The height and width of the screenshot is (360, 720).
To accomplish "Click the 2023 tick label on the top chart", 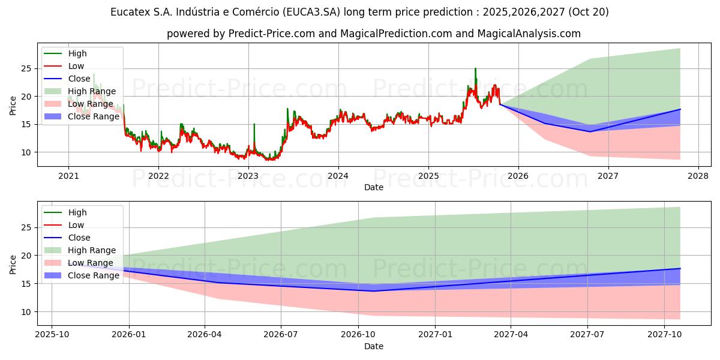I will [248, 176].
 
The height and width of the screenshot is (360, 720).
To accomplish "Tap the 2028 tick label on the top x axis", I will [698, 176].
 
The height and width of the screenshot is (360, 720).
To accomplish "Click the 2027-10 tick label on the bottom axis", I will [664, 335].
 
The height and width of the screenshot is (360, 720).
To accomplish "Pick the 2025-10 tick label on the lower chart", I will [52, 335].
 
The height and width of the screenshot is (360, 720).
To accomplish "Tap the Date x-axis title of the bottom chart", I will [373, 346].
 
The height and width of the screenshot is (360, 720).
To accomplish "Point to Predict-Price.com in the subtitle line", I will [272, 34].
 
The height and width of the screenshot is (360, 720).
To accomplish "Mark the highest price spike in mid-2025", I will [475, 69].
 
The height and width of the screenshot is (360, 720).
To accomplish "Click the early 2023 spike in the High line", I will [254, 124].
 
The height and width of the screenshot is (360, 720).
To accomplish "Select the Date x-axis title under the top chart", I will [373, 187].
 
